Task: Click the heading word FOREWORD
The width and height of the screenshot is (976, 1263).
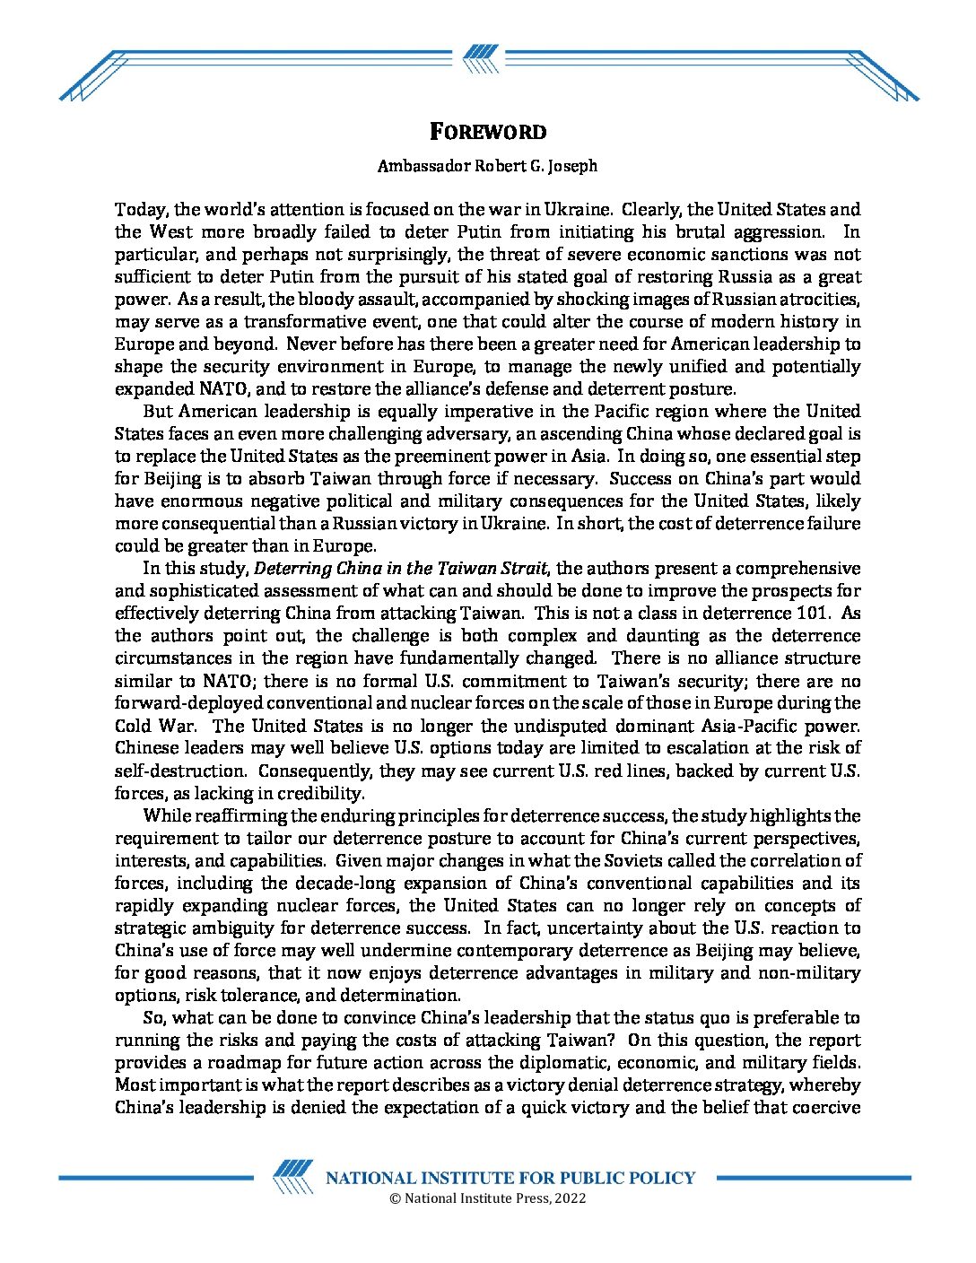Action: point(487,132)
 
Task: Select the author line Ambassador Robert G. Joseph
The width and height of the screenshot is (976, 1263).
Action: point(487,166)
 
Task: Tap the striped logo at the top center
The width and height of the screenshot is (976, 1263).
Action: point(481,59)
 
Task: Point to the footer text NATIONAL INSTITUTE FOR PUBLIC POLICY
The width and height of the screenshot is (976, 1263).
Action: point(510,1178)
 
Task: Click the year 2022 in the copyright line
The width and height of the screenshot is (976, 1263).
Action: point(571,1198)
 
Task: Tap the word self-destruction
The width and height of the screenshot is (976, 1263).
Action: point(179,771)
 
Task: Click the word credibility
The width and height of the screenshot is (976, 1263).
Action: point(324,793)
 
